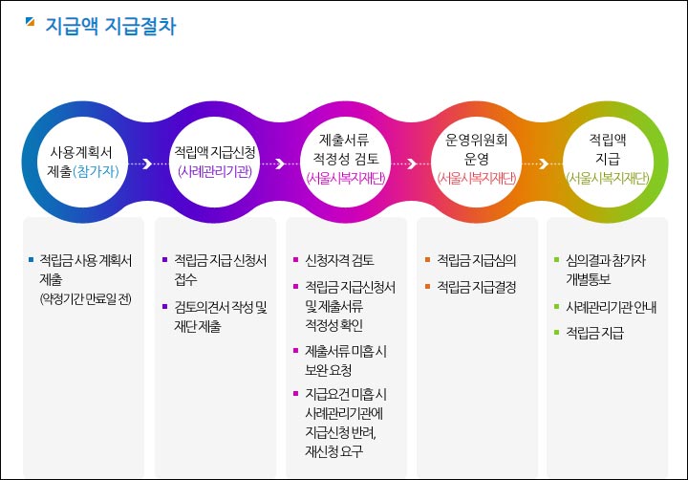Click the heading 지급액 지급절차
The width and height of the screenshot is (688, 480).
click(111, 26)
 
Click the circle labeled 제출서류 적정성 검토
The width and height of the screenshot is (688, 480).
click(345, 162)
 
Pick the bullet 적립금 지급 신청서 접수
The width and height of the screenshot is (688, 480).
click(220, 270)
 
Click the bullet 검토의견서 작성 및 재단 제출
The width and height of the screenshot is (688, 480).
click(220, 316)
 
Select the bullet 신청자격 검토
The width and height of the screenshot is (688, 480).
click(338, 260)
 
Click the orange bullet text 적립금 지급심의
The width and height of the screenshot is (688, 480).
click(476, 260)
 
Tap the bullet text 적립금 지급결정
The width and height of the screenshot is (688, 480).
click(476, 286)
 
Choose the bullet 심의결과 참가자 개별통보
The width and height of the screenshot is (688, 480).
click(608, 270)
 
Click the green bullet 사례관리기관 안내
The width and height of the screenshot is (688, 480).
click(610, 307)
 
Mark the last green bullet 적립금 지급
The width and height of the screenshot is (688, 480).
click(594, 333)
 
